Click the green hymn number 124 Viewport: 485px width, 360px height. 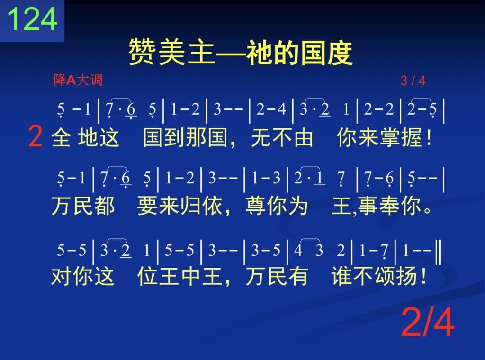coord(32,18)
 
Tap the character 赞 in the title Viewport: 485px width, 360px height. coord(142,52)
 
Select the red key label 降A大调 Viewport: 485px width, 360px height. coord(78,80)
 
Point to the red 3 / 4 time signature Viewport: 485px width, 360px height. coord(413,81)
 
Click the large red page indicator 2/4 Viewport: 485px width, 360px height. coord(428,322)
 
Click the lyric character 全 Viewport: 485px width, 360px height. coord(61,137)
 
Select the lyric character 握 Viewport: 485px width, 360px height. coord(412,137)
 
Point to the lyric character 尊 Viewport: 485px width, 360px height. coord(256,206)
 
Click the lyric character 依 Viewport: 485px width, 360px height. coord(212,206)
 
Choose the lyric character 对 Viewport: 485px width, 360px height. coord(61,276)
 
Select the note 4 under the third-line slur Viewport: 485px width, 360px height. coord(298,250)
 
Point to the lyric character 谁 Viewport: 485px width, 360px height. coord(341,276)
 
